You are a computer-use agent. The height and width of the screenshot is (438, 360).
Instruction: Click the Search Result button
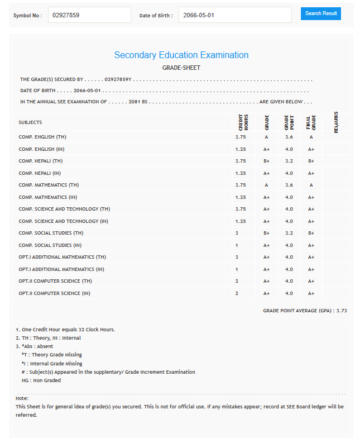(320, 13)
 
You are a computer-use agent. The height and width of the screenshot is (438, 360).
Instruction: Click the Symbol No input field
(89, 15)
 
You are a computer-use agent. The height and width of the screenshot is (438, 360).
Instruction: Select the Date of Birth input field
(235, 15)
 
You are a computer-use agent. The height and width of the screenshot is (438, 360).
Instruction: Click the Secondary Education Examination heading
(181, 55)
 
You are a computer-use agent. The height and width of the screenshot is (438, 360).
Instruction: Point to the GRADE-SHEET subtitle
(181, 68)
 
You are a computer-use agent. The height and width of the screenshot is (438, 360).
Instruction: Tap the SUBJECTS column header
(30, 122)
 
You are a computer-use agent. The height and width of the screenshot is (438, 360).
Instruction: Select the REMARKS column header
(336, 122)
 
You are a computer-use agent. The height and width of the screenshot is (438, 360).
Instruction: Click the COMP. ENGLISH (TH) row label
(42, 137)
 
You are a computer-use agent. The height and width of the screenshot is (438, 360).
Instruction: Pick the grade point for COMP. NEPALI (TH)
(289, 161)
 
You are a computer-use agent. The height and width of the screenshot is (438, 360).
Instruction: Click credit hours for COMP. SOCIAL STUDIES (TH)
(237, 233)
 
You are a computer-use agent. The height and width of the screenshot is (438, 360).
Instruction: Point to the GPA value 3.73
(342, 311)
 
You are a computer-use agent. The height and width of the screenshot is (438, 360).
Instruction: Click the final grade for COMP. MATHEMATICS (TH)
(311, 185)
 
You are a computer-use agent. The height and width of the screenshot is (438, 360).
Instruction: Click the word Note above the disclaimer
(22, 398)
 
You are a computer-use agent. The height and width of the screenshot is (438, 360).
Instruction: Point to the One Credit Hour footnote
(65, 330)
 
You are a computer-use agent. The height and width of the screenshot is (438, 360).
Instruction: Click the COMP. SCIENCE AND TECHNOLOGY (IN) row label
(63, 221)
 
